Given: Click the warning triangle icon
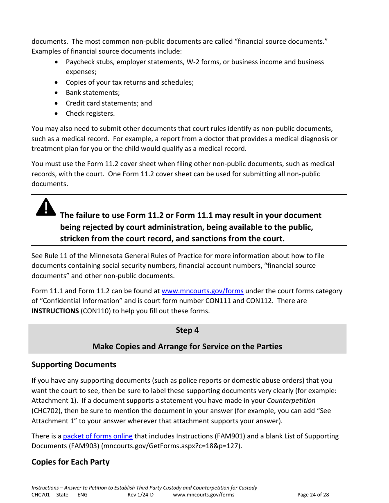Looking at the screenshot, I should pos(46,207).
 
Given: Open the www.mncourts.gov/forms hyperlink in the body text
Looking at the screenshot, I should pos(202,291).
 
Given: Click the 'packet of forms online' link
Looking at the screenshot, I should pos(97,436).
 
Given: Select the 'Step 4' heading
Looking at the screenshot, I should pos(187,330).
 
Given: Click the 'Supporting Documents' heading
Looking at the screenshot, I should pos(74,364).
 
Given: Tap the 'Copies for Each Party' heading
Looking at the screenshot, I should pos(70,462).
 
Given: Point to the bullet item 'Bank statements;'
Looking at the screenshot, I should pos(93,93).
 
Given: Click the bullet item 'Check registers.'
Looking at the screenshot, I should pos(90,114).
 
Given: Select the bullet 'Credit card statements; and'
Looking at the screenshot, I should pos(109,103).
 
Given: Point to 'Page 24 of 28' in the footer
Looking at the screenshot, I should pos(313,495).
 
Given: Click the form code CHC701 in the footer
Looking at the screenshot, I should pos(41,495).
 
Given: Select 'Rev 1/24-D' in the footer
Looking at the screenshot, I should pos(140,495).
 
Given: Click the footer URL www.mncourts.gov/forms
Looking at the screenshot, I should pos(204,495).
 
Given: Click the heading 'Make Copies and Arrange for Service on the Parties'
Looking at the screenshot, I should pos(187,346).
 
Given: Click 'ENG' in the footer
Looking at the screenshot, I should pos(82,495).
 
